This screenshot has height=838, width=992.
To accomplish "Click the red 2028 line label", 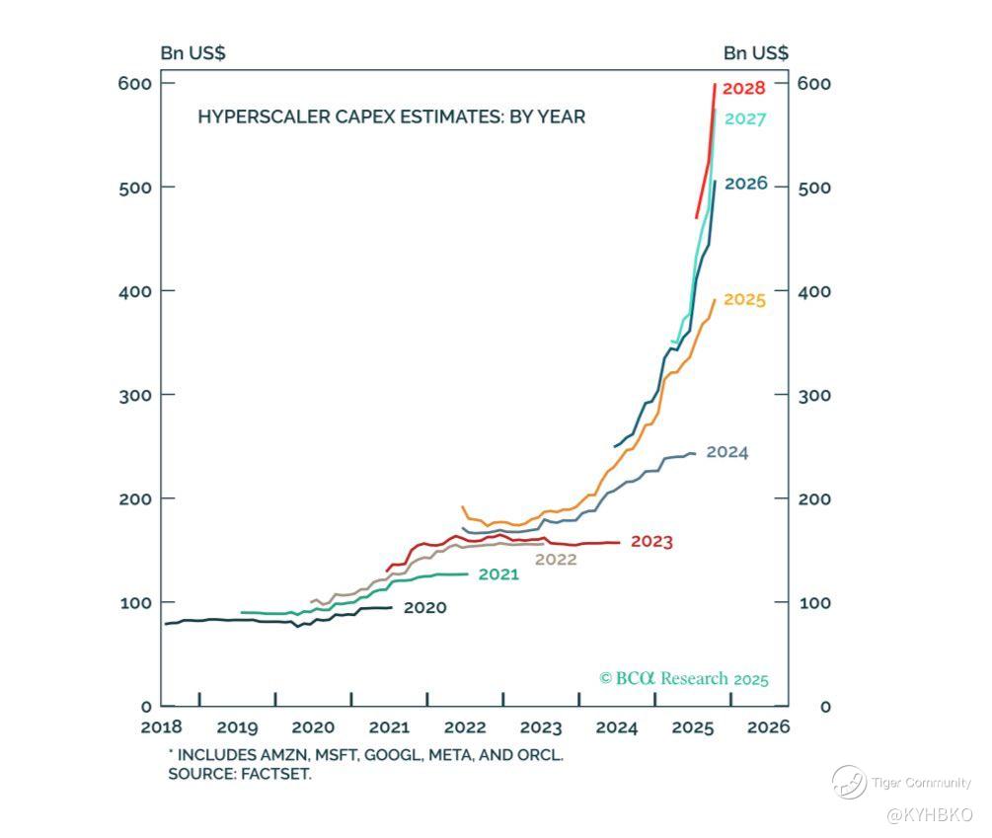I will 743,89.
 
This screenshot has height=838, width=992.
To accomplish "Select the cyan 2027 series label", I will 745,119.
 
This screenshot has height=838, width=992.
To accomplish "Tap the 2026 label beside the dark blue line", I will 745,185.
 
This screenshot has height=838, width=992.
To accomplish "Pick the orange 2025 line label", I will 744,299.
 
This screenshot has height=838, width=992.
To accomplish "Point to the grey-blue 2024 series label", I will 726,453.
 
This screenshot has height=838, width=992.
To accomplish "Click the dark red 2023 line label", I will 651,542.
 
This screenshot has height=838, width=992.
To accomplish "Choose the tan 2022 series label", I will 556,560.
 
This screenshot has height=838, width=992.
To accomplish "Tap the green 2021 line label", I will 498,574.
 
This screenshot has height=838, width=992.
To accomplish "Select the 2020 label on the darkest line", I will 424,608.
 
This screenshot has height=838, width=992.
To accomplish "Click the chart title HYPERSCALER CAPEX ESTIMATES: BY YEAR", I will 391,117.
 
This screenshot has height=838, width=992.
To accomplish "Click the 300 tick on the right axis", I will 814,395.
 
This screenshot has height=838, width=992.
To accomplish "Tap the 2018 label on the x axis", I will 162,728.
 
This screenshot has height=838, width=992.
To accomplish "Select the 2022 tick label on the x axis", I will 465,728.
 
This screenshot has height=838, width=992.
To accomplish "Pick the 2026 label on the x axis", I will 768,728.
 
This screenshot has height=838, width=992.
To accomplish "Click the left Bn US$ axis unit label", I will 192,53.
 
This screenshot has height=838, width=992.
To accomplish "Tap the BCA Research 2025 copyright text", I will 683,679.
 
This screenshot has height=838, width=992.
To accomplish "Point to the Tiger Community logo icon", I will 848,783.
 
